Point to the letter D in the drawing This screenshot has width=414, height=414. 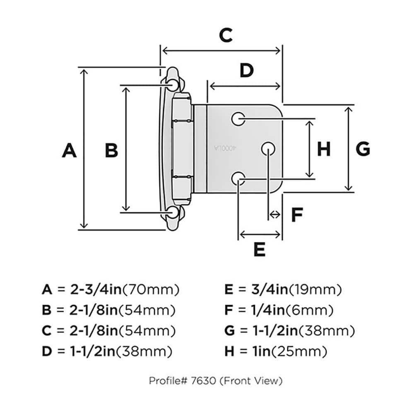pyautogui.click(x=246, y=71)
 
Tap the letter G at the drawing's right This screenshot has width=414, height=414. pyautogui.click(x=363, y=149)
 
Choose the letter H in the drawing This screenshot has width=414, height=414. pyautogui.click(x=324, y=149)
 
